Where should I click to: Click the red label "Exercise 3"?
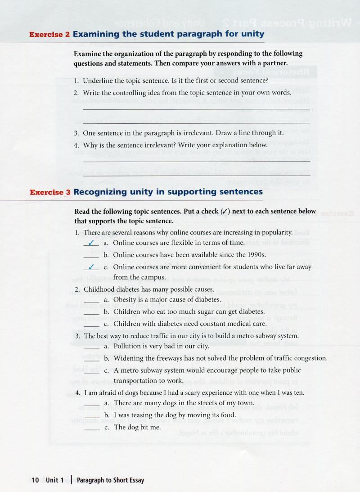(x=50, y=192)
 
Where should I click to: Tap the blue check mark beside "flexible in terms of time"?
(x=94, y=243)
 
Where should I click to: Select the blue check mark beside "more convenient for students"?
(x=94, y=266)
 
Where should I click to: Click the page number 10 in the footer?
(x=36, y=480)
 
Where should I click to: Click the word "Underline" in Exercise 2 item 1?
(x=98, y=81)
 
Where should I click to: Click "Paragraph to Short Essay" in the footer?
(x=111, y=480)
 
